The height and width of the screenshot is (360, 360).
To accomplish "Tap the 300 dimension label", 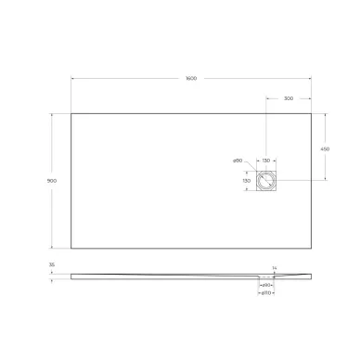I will coord(289,97).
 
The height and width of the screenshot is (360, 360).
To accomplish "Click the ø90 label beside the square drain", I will coord(238,162).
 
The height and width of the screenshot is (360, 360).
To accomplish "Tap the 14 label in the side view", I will coord(275,269).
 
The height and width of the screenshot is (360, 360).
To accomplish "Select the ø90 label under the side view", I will coord(265,285).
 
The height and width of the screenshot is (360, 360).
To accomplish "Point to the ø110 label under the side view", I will coord(265,294).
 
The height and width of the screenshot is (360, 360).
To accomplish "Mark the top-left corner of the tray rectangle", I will coord(72,114).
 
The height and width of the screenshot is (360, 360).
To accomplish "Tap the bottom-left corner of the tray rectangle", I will coord(72,248).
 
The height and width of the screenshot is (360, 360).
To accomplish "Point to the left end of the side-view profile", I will coord(72,276).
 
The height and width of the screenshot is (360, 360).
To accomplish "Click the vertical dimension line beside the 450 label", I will coord(327,147).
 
